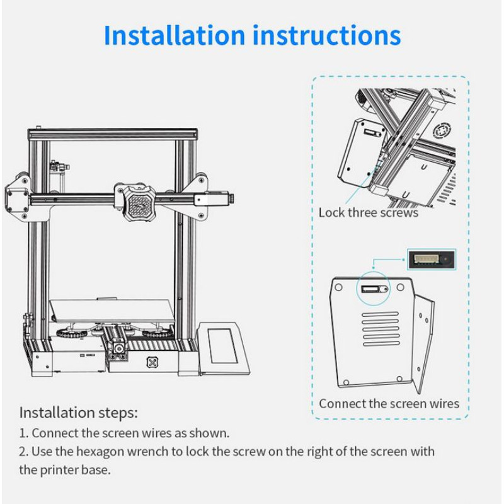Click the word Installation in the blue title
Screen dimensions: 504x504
[173, 35]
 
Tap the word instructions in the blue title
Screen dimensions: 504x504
[326, 35]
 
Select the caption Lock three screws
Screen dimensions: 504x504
[368, 212]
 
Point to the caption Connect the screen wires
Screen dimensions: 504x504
[389, 403]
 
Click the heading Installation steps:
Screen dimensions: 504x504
[78, 413]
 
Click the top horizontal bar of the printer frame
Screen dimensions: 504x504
[113, 134]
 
